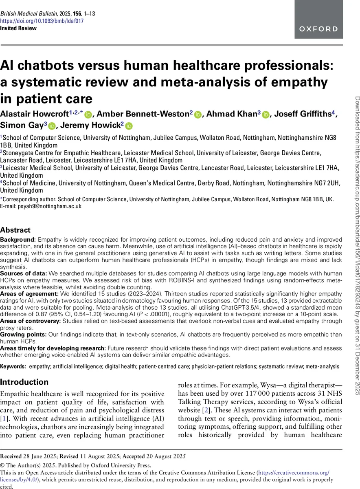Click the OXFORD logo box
coord(318,20)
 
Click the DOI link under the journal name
coord(42,21)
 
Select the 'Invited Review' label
coord(18,28)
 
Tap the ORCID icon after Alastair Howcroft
coord(88,115)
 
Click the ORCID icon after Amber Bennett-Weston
coord(198,115)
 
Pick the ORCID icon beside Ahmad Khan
coord(266,115)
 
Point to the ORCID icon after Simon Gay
coord(52,126)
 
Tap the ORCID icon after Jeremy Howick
coord(129,126)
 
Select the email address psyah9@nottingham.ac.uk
coord(49,206)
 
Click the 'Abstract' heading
coord(15,230)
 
